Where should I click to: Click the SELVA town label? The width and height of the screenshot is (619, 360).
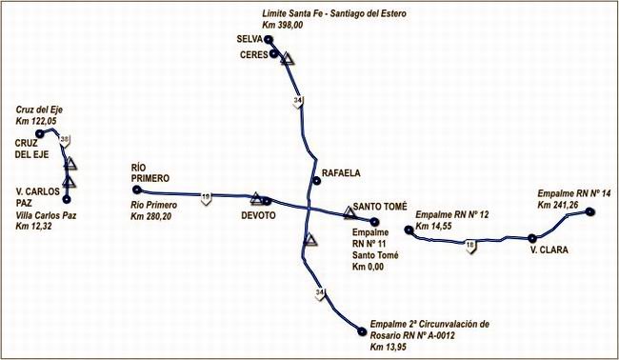coord(250,40)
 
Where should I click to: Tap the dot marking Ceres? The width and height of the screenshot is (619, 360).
coord(274,55)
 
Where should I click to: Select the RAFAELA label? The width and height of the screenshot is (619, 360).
coord(342,173)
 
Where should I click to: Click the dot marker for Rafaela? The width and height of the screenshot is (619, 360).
coord(316,180)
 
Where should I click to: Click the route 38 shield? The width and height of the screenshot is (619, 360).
coord(64,141)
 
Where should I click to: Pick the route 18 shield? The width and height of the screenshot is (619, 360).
coord(470,246)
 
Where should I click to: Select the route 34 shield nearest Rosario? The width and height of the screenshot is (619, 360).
coord(320,292)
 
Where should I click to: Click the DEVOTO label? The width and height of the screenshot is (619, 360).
coord(259,215)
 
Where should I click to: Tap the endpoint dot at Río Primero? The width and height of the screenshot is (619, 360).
coord(137,190)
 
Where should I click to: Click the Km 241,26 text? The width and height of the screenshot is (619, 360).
coord(558,204)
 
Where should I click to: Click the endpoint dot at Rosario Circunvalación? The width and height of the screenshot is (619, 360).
coord(362,331)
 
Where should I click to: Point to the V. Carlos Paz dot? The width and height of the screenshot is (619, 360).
coord(67,200)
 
